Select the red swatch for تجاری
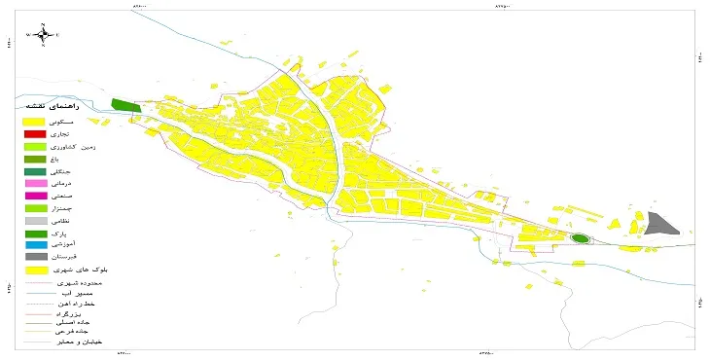pos(35,133)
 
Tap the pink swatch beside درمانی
pos(35,183)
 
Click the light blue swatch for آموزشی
pos(35,246)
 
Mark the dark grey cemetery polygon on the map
pos(662,224)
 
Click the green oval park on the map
pos(581,238)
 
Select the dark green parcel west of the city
pos(124,105)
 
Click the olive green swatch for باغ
pos(35,159)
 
